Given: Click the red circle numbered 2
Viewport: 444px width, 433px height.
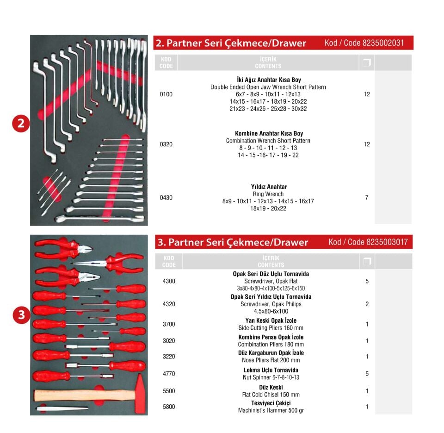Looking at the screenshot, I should pyautogui.click(x=21, y=124).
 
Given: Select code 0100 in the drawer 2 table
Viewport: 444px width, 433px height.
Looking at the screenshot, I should pyautogui.click(x=166, y=94).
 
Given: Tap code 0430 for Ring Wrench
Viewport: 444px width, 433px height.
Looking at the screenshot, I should pyautogui.click(x=166, y=198).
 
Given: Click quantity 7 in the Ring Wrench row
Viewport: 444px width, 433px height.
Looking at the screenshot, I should pyautogui.click(x=367, y=198).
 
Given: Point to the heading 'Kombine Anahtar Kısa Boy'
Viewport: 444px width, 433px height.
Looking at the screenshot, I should pyautogui.click(x=269, y=133).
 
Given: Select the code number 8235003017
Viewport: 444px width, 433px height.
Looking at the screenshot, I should pyautogui.click(x=387, y=242).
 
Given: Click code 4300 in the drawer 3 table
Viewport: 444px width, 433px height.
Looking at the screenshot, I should pyautogui.click(x=169, y=281).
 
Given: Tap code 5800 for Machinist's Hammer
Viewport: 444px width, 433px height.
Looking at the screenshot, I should pyautogui.click(x=169, y=407).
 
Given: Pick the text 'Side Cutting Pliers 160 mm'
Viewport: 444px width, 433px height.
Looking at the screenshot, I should pyautogui.click(x=271, y=328).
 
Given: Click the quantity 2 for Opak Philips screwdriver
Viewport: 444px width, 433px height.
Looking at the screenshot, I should pyautogui.click(x=367, y=304).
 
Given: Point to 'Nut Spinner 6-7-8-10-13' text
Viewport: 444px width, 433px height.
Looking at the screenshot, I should pyautogui.click(x=271, y=377).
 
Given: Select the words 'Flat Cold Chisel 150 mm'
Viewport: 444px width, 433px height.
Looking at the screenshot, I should pyautogui.click(x=271, y=395).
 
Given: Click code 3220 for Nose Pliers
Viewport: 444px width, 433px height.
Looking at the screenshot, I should pyautogui.click(x=169, y=357).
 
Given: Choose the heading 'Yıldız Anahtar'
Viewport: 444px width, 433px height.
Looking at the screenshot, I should pyautogui.click(x=269, y=187).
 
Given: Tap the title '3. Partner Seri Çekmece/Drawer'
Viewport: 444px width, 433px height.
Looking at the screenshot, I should pyautogui.click(x=233, y=242).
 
